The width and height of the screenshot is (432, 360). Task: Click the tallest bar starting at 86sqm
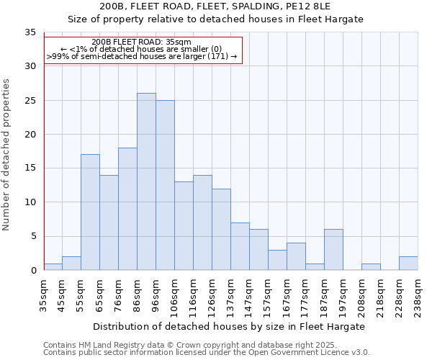pyautogui.click(x=146, y=181)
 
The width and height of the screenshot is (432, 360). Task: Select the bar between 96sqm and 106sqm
pyautogui.click(x=165, y=185)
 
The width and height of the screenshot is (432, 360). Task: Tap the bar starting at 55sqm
pyautogui.click(x=90, y=212)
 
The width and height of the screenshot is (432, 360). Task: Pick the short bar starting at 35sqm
pyautogui.click(x=53, y=267)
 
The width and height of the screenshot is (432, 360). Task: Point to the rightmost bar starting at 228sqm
pyautogui.click(x=408, y=264)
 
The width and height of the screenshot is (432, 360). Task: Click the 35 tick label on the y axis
pyautogui.click(x=30, y=32)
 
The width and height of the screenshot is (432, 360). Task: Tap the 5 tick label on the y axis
pyautogui.click(x=33, y=237)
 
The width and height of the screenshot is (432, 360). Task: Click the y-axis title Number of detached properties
pyautogui.click(x=7, y=155)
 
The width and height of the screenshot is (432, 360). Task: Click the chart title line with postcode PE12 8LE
pyautogui.click(x=216, y=6)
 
